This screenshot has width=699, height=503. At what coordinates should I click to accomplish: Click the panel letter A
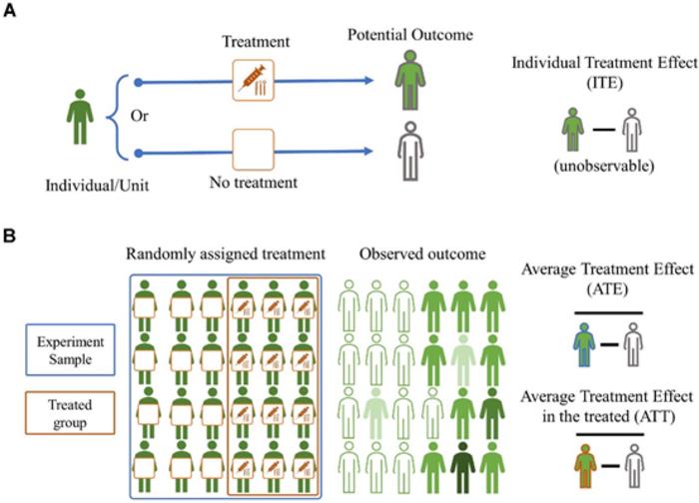click(x=11, y=11)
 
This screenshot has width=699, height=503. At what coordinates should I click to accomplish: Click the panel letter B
click(x=11, y=241)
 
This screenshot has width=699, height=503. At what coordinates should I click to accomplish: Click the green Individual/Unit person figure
click(x=80, y=118)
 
